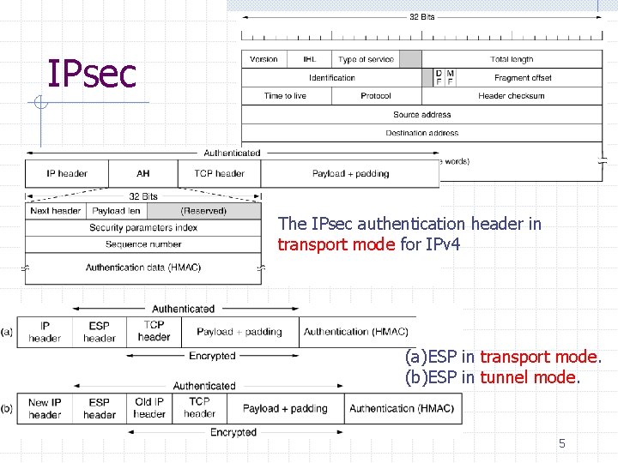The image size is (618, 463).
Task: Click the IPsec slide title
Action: tap(91, 74)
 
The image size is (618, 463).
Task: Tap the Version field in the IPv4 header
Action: tap(264, 59)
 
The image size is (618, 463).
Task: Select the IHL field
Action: tap(309, 59)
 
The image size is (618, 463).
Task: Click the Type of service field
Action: tap(366, 59)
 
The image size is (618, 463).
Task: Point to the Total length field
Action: tap(512, 59)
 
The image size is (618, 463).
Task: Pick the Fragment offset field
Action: tap(523, 78)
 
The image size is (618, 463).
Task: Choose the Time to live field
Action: tap(285, 96)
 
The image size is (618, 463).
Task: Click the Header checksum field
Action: tap(512, 96)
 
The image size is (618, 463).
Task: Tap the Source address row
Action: tap(421, 115)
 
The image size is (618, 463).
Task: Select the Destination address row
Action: tap(421, 133)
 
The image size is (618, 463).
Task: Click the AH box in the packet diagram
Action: tap(143, 173)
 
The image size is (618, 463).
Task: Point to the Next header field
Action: tap(56, 211)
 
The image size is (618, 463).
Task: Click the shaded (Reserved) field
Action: tap(203, 211)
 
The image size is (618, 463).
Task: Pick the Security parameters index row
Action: tap(143, 227)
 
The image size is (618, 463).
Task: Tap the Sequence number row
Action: tap(143, 244)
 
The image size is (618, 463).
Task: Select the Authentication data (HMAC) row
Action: tap(143, 268)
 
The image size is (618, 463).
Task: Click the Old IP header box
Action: tap(149, 408)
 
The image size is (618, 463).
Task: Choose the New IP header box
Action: tap(45, 408)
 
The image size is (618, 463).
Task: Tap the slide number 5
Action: tap(562, 443)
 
